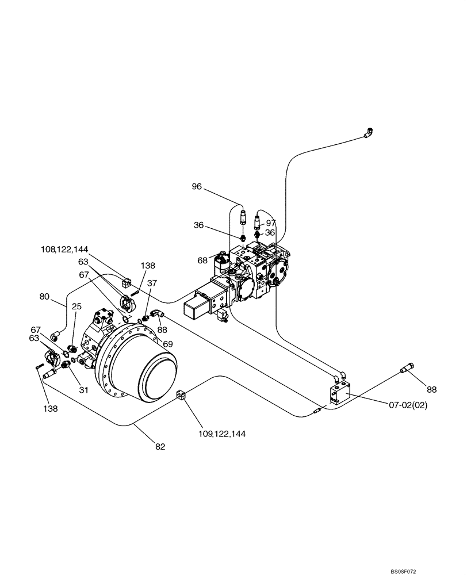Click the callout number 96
pyautogui.click(x=197, y=186)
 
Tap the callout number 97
pyautogui.click(x=271, y=223)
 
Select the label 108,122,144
pyautogui.click(x=64, y=249)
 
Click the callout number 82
pyautogui.click(x=160, y=446)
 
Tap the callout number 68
pyautogui.click(x=202, y=260)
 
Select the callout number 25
pyautogui.click(x=77, y=306)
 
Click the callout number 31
pyautogui.click(x=84, y=389)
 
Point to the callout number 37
pyautogui.click(x=152, y=283)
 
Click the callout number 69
pyautogui.click(x=168, y=343)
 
